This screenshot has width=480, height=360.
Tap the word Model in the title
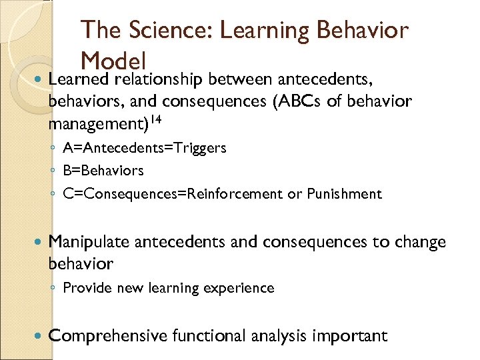click(113, 62)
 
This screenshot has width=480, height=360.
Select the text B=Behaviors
click(103, 171)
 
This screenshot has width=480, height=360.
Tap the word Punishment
click(344, 194)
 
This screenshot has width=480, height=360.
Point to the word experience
click(243, 288)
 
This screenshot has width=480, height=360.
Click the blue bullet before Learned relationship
click(38, 80)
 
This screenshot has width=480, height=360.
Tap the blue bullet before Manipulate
click(38, 242)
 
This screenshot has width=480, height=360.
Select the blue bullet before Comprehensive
click(38, 335)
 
